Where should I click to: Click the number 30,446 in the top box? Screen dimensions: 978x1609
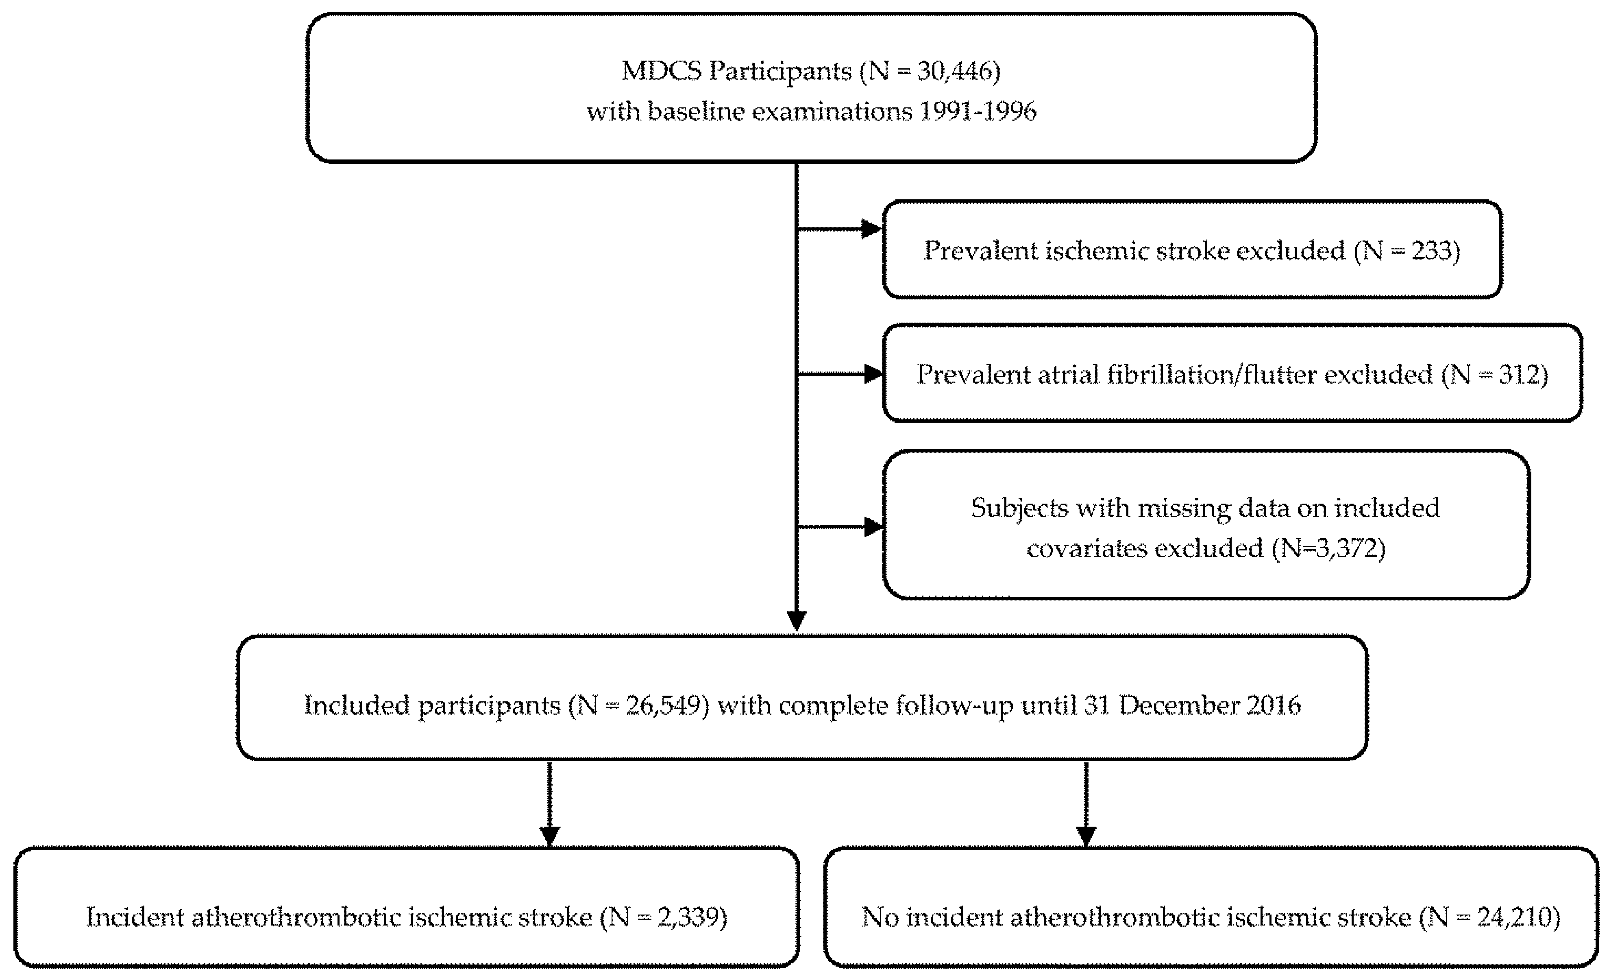point(955,70)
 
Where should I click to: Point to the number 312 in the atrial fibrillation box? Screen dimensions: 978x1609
point(1522,374)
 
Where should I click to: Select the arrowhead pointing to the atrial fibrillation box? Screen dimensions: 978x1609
point(873,374)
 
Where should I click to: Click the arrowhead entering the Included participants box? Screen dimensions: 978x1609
point(796,621)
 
